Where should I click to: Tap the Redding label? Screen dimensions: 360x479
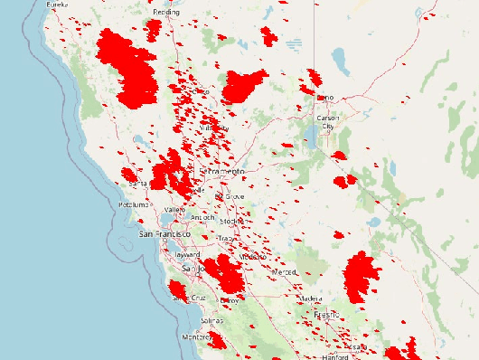click(x=166, y=12)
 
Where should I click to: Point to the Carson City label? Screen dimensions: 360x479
click(x=326, y=122)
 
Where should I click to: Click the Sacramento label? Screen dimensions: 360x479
click(x=223, y=171)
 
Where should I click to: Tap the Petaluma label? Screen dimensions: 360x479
click(x=133, y=205)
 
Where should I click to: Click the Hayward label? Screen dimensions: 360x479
click(x=186, y=255)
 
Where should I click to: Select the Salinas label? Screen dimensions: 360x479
click(x=211, y=321)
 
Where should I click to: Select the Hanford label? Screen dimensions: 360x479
click(x=334, y=356)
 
